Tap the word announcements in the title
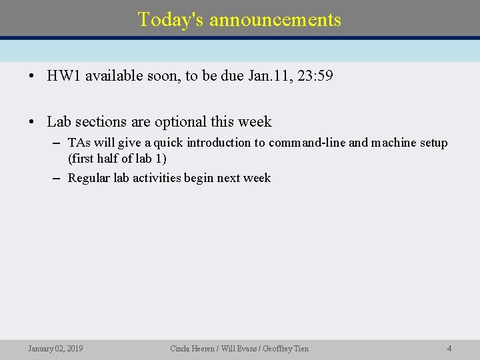(x=275, y=19)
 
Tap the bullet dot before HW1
(x=32, y=76)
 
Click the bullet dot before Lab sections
(x=32, y=122)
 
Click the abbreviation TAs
(x=79, y=143)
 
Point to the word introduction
(x=217, y=143)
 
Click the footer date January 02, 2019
(x=55, y=348)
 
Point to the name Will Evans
(x=238, y=348)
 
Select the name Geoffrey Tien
(x=286, y=348)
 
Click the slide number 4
(x=449, y=348)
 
